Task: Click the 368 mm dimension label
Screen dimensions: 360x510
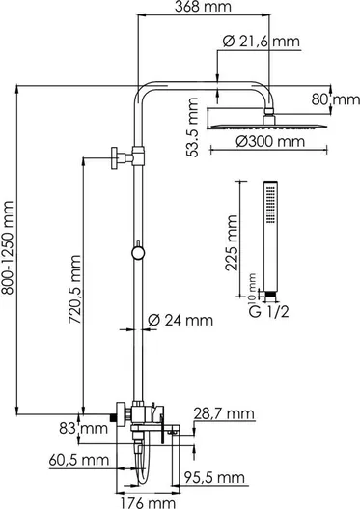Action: (203, 6)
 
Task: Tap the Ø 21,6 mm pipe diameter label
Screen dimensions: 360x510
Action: (262, 42)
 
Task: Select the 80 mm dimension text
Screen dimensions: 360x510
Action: (336, 99)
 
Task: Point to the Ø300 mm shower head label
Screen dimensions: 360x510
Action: (270, 141)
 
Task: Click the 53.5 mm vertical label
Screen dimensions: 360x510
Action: (193, 127)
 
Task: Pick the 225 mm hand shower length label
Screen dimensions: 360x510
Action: (232, 242)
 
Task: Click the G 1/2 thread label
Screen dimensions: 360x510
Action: (268, 312)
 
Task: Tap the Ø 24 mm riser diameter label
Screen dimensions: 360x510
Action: (180, 321)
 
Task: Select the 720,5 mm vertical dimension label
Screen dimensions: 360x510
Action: (74, 290)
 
